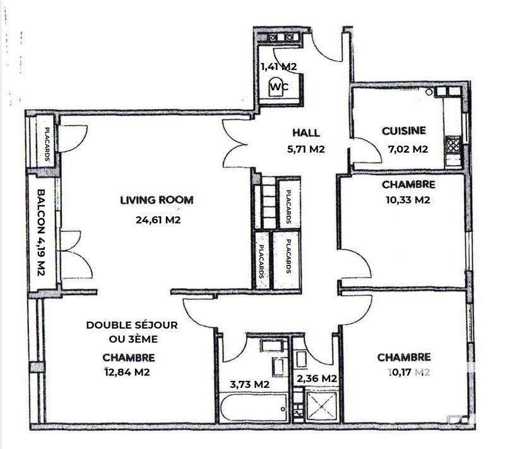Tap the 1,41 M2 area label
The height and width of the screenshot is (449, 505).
click(279, 66)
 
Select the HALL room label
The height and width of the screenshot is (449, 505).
click(306, 133)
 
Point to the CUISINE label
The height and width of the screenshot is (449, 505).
click(404, 131)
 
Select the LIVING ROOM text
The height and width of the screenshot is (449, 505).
click(157, 201)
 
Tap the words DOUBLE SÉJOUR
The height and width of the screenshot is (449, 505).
click(132, 325)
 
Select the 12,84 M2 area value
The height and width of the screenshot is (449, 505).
click(128, 372)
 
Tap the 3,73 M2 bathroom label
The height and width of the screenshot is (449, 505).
click(249, 384)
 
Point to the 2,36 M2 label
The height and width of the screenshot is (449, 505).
click(317, 378)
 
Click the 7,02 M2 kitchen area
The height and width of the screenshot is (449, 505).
click(408, 150)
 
